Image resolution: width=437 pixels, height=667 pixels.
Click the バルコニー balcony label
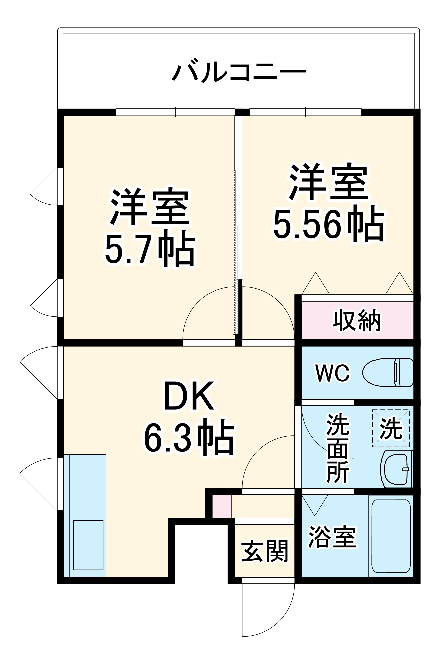pos(239,71)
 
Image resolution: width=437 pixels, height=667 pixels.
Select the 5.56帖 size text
pos(328,224)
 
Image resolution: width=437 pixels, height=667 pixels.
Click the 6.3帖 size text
pos(189,437)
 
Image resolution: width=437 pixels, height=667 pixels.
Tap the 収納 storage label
pos(357,321)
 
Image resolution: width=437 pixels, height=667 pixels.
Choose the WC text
pos(333,373)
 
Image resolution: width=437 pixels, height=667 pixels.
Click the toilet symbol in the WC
pos(388,373)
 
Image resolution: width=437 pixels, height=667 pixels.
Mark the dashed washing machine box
pos(391,428)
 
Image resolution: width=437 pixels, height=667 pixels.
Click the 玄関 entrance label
pos(265,552)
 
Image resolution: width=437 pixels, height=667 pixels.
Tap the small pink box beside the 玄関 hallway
pos(222,507)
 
